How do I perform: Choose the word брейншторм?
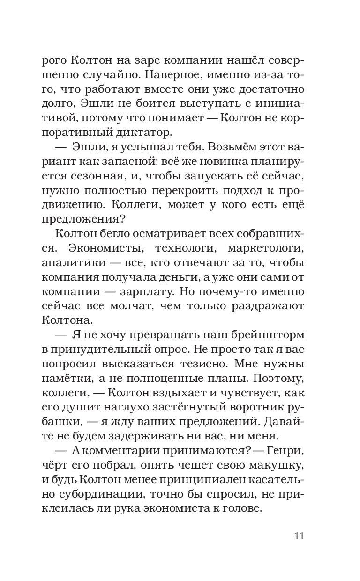tap(264, 336)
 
